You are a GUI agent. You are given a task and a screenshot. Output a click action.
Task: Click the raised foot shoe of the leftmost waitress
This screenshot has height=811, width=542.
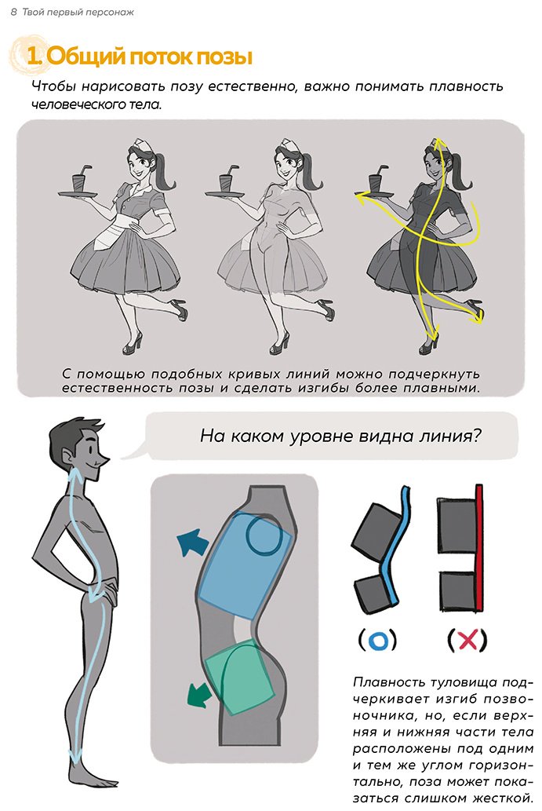[179, 309]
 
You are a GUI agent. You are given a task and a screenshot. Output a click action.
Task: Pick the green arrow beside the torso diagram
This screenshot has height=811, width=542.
[200, 694]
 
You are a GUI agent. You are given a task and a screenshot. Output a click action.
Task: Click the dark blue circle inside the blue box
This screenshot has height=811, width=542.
[264, 535]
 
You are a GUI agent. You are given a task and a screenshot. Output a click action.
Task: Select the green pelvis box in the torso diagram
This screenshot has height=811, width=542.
[239, 675]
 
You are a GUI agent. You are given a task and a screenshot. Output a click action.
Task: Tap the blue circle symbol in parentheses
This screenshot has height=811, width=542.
[378, 641]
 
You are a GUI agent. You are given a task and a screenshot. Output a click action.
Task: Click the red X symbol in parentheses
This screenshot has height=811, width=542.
[467, 641]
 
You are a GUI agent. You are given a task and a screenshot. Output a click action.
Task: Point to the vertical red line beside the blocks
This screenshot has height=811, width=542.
[479, 547]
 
